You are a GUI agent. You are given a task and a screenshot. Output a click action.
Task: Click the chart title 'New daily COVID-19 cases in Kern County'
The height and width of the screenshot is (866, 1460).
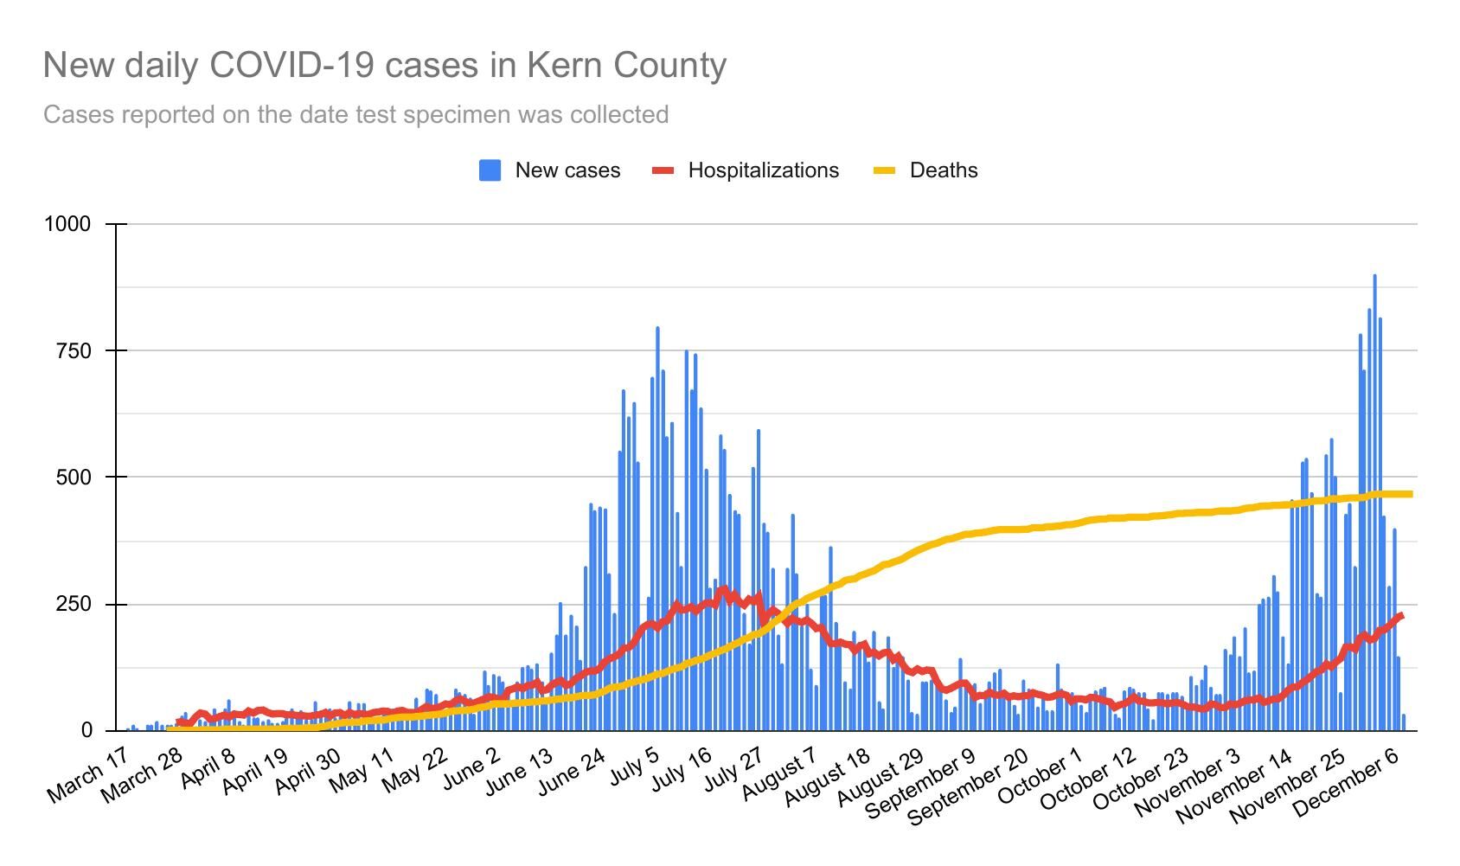pos(385,66)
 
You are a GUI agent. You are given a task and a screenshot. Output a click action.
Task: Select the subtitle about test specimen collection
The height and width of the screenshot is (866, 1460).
pos(355,115)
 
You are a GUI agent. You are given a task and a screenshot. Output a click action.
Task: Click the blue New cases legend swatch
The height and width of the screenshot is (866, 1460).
pos(490,170)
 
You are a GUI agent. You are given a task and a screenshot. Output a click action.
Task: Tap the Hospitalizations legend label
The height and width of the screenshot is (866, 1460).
pos(763,170)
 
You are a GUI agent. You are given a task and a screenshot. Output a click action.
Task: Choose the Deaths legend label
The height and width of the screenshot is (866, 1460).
pos(944,170)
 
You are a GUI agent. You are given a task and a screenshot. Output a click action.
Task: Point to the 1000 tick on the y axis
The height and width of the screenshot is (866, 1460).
pos(67,224)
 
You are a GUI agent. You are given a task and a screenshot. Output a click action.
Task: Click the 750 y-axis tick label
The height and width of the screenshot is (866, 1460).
pos(74,350)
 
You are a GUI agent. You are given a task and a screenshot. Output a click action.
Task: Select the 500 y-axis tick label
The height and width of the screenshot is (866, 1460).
pos(74,477)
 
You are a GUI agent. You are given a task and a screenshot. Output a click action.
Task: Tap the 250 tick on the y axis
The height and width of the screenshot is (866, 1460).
pos(74,604)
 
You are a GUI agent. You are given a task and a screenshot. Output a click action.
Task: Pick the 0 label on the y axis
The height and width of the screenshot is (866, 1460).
pos(86,730)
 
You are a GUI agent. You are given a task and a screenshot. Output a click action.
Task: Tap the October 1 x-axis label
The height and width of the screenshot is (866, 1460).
pos(1041,773)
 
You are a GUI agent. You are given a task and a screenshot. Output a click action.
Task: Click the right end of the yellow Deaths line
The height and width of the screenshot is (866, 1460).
pos(1411,494)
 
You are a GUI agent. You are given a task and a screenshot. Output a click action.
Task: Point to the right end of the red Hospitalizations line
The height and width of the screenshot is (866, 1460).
pos(1400,616)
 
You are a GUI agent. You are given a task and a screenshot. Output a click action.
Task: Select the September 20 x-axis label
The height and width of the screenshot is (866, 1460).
pos(969,785)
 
